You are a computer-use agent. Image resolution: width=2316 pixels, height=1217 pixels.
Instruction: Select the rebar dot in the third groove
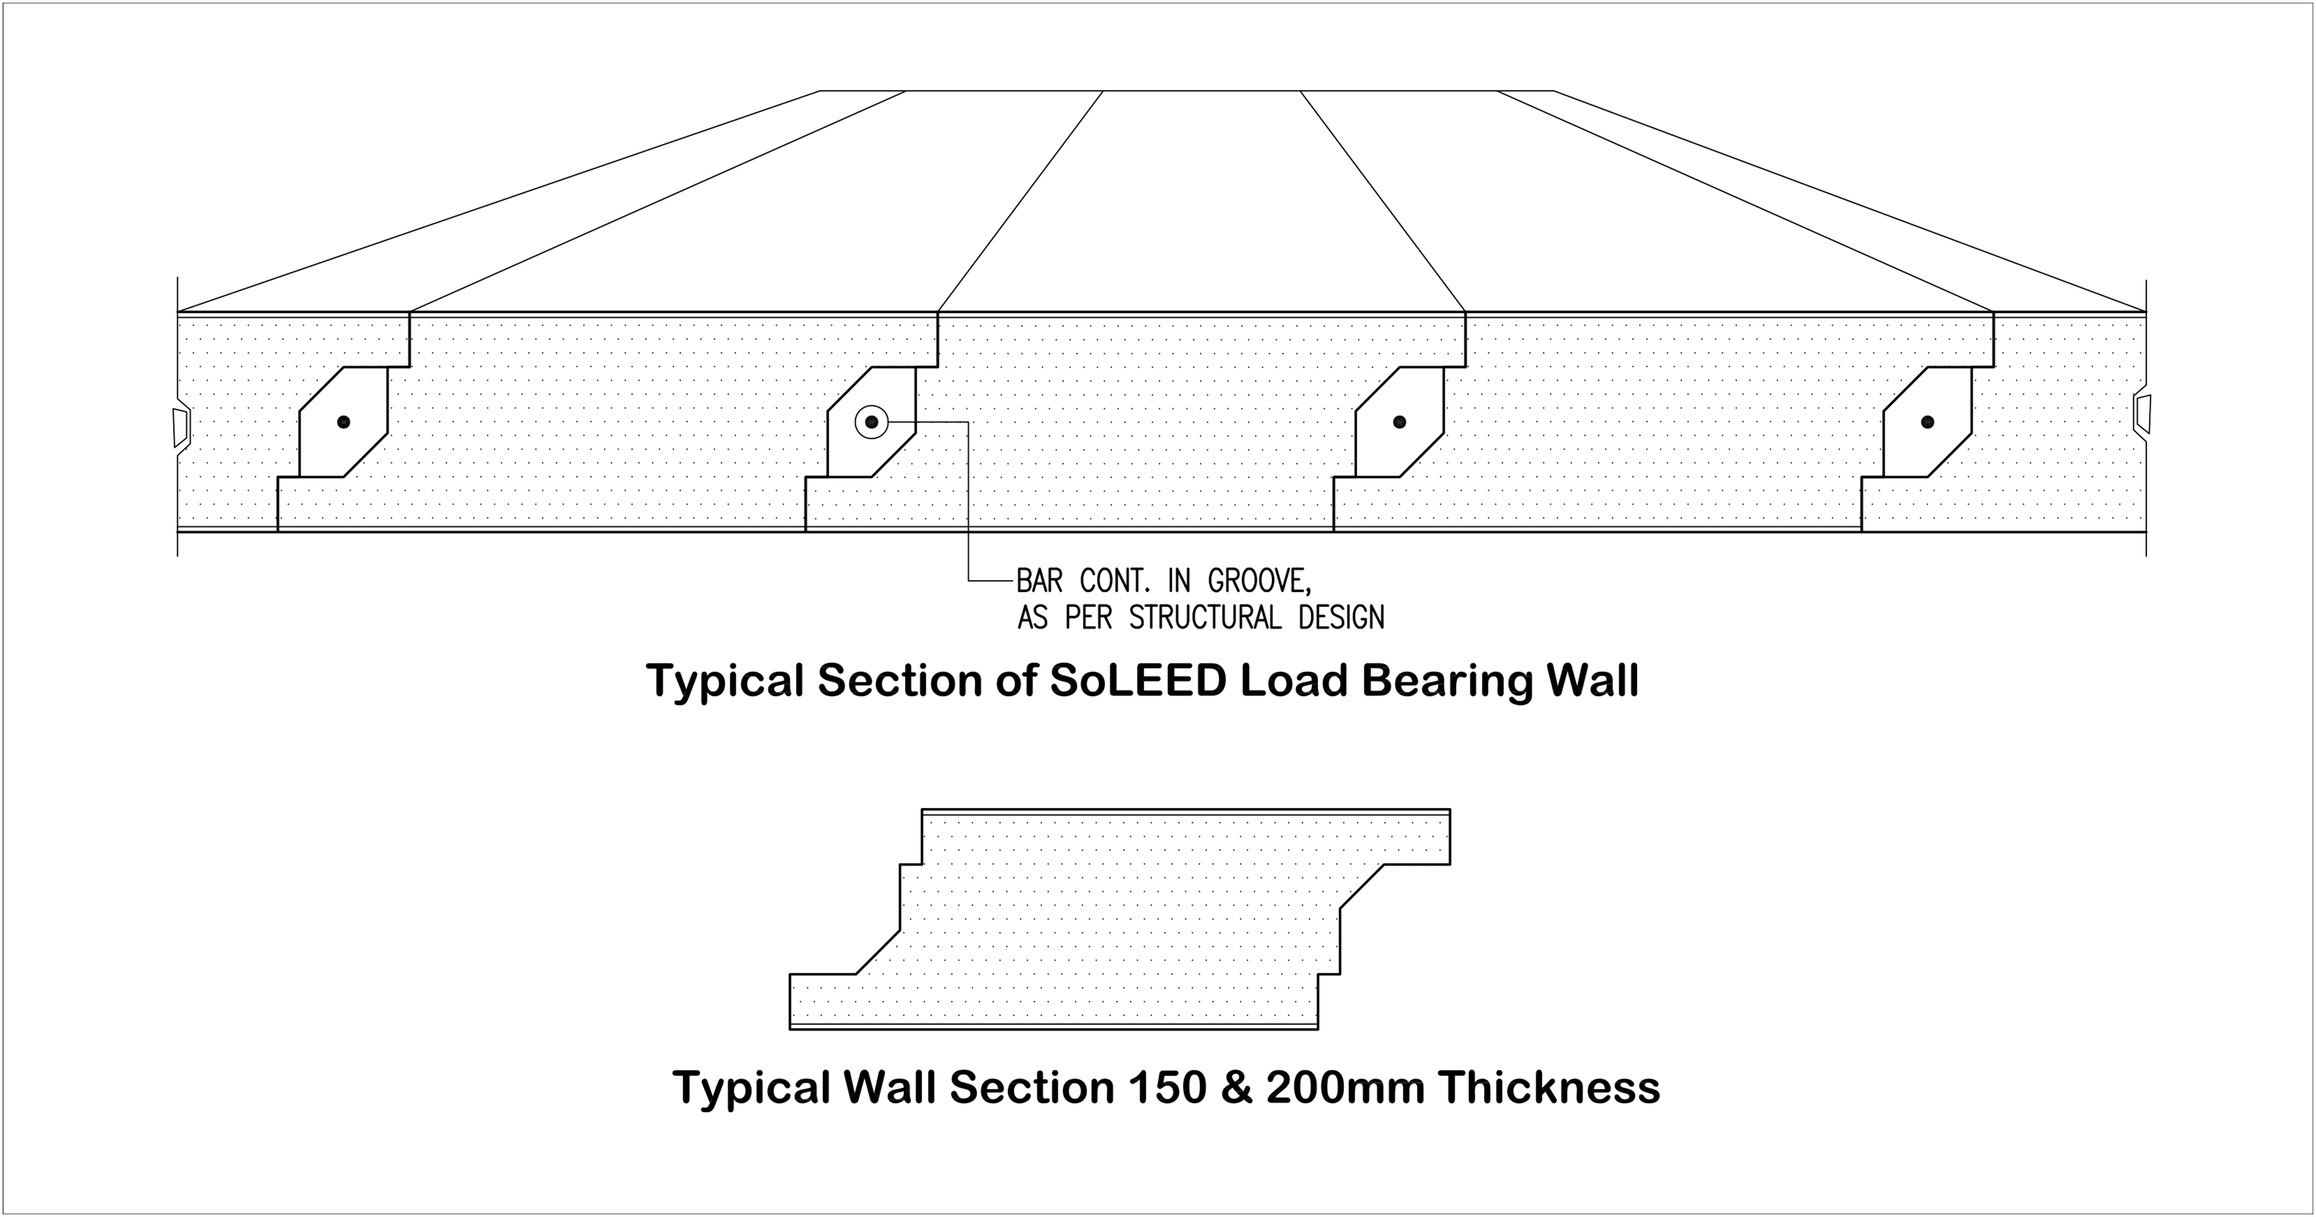(1399, 422)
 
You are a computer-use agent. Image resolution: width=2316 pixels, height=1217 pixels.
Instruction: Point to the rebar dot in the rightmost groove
(1927, 422)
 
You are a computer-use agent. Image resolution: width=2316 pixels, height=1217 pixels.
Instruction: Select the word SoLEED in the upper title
(1138, 681)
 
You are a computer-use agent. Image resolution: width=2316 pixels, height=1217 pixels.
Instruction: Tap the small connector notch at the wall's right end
(2143, 414)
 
